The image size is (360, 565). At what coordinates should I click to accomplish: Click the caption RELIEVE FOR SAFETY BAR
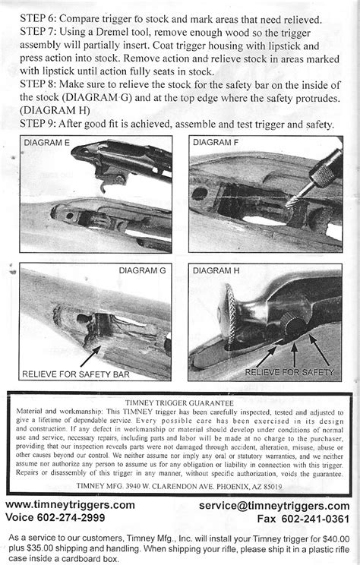[x=74, y=374]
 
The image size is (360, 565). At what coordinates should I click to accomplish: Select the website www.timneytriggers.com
[x=71, y=505]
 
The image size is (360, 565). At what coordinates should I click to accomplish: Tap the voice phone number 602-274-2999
[x=79, y=518]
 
